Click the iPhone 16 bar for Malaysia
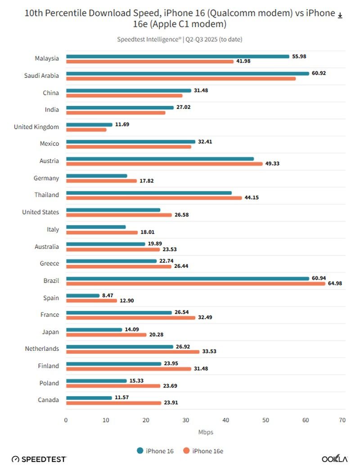(178, 56)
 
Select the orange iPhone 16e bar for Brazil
(195, 284)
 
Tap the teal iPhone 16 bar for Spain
(83, 295)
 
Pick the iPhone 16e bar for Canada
(113, 403)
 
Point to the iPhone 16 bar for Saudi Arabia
(188, 73)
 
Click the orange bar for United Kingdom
(86, 130)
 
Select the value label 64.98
(336, 284)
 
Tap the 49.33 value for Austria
(272, 164)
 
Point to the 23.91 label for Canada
(171, 403)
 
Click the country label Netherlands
(42, 348)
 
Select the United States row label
(40, 212)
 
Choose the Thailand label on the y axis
(46, 195)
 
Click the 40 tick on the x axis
(226, 420)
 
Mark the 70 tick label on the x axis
(342, 420)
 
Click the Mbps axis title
(206, 432)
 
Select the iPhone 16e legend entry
(203, 451)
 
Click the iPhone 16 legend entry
(156, 451)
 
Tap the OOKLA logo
(334, 459)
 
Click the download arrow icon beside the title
(340, 15)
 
